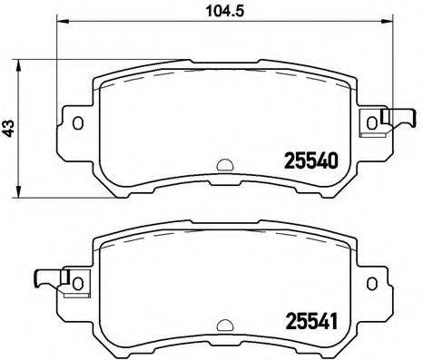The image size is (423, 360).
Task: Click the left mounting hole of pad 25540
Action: point(78,123)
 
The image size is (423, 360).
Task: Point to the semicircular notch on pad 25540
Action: point(223,165)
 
